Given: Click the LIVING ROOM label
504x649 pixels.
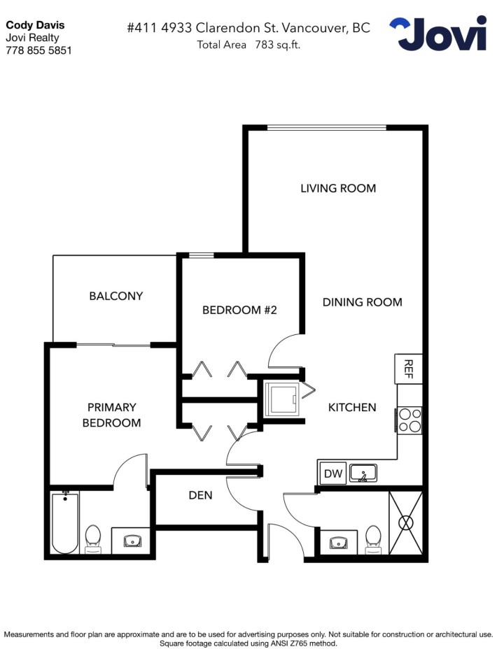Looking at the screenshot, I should pos(338,188).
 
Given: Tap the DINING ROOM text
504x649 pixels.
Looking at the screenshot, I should pos(362,302).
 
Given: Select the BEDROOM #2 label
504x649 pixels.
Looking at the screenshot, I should pos(239,310).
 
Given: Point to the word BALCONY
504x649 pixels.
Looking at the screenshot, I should pos(115,296).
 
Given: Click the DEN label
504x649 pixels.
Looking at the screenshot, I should pos(200,495).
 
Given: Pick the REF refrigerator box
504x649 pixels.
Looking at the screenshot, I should pos(409,369).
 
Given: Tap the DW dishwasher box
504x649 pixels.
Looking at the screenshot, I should pos(333,474).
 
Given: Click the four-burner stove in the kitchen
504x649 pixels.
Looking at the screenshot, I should pos(410,420).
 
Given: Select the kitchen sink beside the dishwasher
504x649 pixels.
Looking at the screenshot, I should pos(363,473).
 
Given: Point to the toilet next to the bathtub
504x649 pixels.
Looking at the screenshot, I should pos(94,539).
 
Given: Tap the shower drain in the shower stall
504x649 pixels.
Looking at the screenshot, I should pos(406,522).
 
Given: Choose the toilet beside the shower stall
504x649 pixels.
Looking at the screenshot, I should pos(373,537).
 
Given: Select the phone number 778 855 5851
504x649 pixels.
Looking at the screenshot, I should pos(38,50).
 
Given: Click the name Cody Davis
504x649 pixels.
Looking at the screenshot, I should pos(35,25).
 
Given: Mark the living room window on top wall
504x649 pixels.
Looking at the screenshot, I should pos(326,127).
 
